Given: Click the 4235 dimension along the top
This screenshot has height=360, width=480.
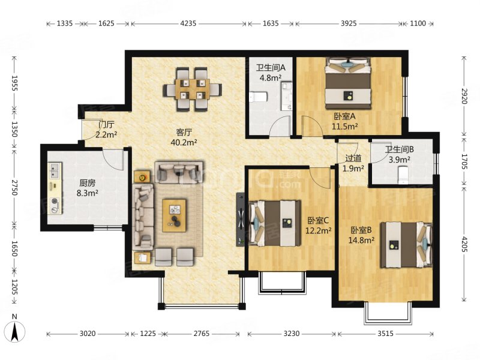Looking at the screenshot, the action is (x=188, y=23).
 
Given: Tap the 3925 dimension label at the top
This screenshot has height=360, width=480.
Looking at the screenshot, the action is (x=349, y=23).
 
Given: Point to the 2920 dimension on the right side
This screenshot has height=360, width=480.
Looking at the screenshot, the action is (x=464, y=96).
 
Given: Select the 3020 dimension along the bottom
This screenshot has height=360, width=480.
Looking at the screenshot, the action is (x=88, y=334).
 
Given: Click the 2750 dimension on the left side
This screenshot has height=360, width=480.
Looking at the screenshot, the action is (x=14, y=188).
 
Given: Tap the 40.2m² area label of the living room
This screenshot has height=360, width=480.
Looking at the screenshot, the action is (x=184, y=143).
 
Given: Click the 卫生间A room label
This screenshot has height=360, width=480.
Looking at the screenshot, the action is (x=271, y=67).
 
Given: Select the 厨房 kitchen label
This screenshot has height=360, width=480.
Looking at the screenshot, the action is (x=88, y=183).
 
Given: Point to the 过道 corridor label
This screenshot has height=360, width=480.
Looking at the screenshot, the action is (x=353, y=158).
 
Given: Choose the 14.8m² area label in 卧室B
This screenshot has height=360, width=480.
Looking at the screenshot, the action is (x=361, y=241).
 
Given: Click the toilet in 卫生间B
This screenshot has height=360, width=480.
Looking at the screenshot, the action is (x=403, y=175).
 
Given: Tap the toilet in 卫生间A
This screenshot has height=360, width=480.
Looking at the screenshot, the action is (x=259, y=97).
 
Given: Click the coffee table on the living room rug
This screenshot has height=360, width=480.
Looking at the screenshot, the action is (x=175, y=215).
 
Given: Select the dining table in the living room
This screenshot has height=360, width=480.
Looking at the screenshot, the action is (x=192, y=89).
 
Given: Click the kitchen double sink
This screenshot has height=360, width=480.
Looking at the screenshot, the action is (x=55, y=171).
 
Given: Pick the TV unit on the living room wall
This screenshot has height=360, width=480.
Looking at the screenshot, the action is (x=241, y=219).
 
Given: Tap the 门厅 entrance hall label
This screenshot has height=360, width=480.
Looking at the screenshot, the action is (x=106, y=125).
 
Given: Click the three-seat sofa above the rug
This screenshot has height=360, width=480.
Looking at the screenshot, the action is (x=179, y=172).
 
